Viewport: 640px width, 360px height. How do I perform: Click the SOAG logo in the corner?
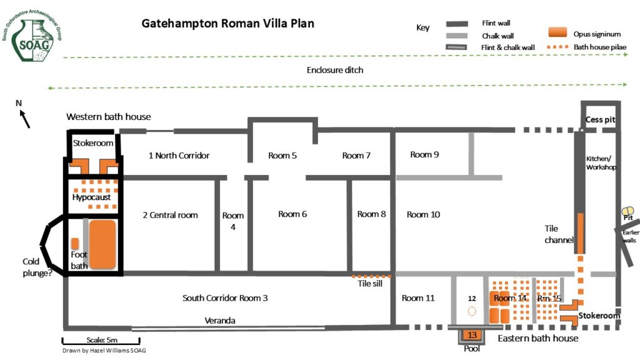pyautogui.click(x=31, y=36)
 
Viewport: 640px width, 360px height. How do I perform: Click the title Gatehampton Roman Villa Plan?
pyautogui.click(x=227, y=24)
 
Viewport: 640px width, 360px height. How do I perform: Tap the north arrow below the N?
pyautogui.click(x=25, y=119)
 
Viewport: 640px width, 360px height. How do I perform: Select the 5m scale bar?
pyautogui.click(x=101, y=341)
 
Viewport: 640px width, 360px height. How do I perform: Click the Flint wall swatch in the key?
pyautogui.click(x=457, y=24)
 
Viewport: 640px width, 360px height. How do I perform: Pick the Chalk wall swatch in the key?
pyautogui.click(x=457, y=36)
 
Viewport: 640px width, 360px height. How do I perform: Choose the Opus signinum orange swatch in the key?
pyautogui.click(x=557, y=32)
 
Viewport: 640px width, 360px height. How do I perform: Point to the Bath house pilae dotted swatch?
pyautogui.click(x=557, y=47)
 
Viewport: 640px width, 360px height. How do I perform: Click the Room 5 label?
pyautogui.click(x=282, y=156)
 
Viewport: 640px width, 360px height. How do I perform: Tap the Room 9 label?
pyautogui.click(x=424, y=154)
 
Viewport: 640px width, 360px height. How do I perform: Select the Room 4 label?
pyautogui.click(x=233, y=221)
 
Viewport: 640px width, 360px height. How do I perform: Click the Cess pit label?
pyautogui.click(x=600, y=119)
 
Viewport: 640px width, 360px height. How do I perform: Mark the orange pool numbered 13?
pyautogui.click(x=472, y=335)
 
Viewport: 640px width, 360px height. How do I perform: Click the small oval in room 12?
pyautogui.click(x=472, y=311)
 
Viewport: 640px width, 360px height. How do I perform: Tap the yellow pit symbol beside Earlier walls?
pyautogui.click(x=627, y=211)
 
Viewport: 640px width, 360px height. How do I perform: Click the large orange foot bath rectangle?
pyautogui.click(x=102, y=244)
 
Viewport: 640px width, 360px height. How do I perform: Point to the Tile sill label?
pyautogui.click(x=370, y=283)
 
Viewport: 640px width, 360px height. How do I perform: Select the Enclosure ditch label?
pyautogui.click(x=335, y=70)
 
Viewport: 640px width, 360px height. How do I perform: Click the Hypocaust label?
pyautogui.click(x=91, y=197)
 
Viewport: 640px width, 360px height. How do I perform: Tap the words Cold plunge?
pyautogui.click(x=37, y=267)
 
